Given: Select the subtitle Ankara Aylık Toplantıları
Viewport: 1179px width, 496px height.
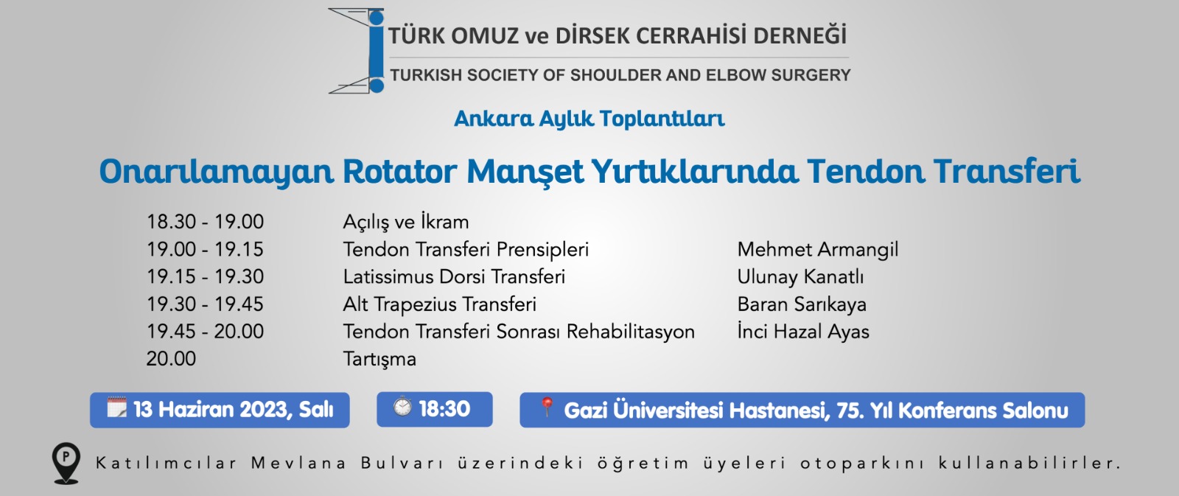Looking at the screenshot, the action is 589,119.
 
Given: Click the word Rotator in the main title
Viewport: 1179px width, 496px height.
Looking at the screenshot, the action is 399,172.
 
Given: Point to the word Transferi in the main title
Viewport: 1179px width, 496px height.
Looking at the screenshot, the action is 1007,172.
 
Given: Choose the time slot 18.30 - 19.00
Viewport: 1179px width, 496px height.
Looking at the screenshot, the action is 205,222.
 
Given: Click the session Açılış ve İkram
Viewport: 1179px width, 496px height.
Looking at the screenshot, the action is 406,222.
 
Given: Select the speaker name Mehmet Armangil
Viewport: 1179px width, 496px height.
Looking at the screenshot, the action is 817,250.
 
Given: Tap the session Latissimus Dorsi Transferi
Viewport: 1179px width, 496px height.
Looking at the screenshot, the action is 454,277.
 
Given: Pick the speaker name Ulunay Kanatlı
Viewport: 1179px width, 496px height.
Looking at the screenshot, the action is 800,277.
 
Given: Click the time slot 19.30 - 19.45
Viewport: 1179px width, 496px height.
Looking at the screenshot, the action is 205,304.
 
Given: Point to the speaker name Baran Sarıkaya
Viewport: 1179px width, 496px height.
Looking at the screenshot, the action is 802,304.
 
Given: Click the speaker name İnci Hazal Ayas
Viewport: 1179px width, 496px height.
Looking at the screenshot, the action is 803,332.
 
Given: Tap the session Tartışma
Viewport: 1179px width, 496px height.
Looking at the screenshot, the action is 379,359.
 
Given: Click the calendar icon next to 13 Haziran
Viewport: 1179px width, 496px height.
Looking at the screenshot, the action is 116,407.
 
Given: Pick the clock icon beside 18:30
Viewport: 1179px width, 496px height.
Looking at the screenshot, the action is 402,406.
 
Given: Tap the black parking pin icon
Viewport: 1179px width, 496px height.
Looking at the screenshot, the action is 66,464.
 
